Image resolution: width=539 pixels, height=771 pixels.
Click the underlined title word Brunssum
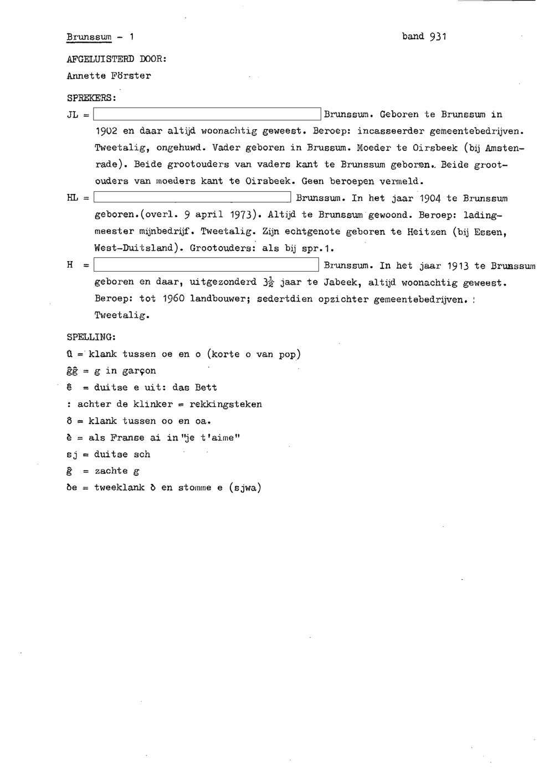pos(89,37)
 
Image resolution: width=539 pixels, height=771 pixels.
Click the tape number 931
pos(438,37)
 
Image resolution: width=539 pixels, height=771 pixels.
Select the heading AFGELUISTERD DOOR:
pos(116,59)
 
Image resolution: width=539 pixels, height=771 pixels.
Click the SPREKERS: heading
pos(91,98)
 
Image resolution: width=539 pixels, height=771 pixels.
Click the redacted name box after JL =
pos(208,115)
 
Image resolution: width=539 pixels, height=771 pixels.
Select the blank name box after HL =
pos(193,198)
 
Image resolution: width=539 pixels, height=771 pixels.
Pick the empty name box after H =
pos(207,265)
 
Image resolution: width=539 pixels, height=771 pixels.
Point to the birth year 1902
pos(106,131)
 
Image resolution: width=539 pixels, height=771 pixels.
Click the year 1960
pos(173,299)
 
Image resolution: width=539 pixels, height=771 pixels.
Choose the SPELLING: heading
pos(91,337)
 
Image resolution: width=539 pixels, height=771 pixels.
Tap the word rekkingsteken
pos(225,404)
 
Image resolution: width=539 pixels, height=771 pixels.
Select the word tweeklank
pos(119,488)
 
